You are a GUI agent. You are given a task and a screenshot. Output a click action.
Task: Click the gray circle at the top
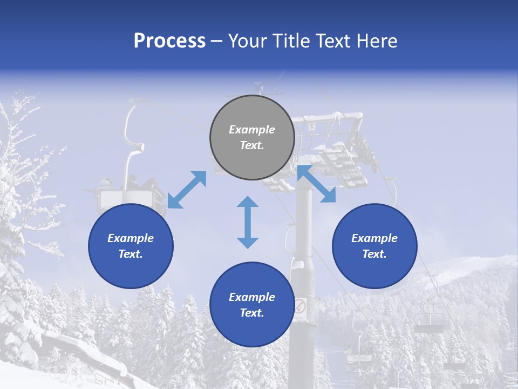(x=252, y=138)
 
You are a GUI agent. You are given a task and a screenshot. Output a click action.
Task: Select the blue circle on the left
(x=131, y=246)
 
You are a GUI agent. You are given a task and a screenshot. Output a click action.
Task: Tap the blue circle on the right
(x=374, y=246)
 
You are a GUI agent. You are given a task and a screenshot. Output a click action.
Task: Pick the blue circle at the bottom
(x=252, y=305)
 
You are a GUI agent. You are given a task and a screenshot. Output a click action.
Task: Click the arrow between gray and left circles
(x=187, y=190)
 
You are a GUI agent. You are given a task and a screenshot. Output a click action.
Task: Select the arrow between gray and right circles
(x=316, y=184)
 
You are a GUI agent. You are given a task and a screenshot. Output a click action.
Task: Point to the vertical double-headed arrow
(x=248, y=222)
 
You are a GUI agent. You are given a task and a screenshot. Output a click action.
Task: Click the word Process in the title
(x=169, y=41)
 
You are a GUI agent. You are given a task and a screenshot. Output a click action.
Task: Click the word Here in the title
(x=377, y=41)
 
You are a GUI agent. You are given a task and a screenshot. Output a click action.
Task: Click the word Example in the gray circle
(x=252, y=130)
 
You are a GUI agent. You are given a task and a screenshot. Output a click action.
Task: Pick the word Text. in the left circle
(x=131, y=254)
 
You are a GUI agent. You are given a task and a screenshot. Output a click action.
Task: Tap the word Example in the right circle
(x=374, y=238)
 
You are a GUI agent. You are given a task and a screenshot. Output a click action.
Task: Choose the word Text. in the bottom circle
(x=252, y=313)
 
